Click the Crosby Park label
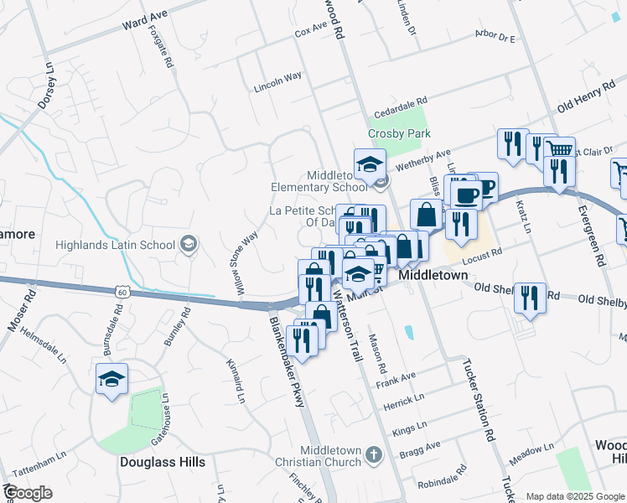(x=399, y=133)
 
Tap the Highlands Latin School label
(x=114, y=245)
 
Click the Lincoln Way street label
(x=277, y=87)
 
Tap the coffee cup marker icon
(x=466, y=195)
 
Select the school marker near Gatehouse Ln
(x=112, y=380)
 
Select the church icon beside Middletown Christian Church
(x=374, y=454)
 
